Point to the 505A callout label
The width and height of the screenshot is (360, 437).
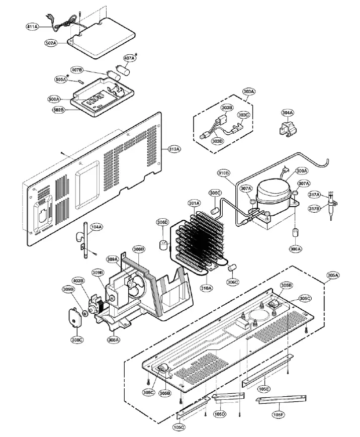61,79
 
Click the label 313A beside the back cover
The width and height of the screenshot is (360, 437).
174,149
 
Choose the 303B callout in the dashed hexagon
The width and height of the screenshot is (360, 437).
227,108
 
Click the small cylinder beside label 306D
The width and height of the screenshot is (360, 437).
163,246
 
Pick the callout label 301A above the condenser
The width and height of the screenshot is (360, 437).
194,203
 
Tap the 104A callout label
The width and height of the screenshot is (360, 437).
96,227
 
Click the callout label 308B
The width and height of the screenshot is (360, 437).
139,249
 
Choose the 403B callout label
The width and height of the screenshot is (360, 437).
77,281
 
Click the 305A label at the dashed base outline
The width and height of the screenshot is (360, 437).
333,276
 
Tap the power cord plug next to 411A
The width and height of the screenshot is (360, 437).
47,24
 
